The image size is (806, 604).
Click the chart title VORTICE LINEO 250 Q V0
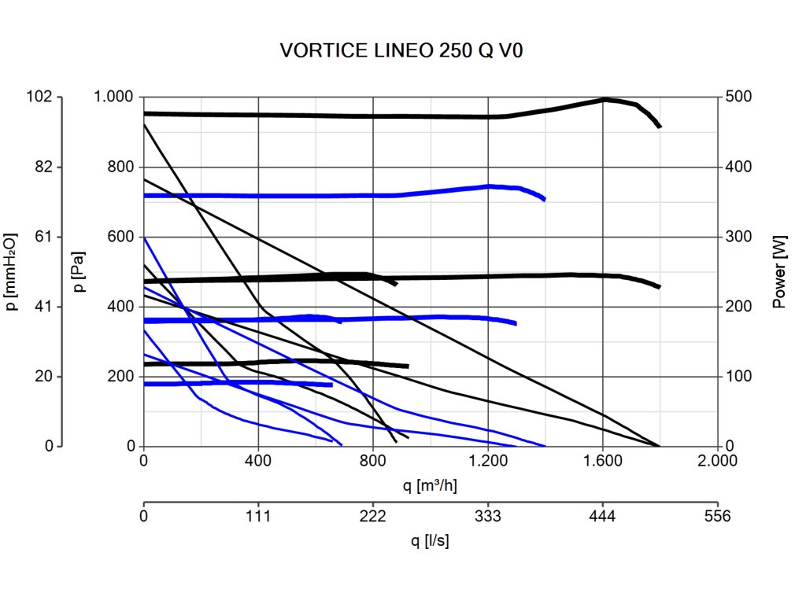(402, 52)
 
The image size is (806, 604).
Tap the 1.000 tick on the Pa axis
(114, 97)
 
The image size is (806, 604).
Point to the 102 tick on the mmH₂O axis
(40, 97)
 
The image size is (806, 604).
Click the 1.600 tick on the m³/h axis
(603, 462)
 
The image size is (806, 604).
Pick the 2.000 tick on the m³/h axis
(717, 462)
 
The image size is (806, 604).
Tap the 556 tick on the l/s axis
(717, 517)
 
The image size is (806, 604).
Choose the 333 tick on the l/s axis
(488, 517)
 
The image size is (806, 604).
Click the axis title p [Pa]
(77, 271)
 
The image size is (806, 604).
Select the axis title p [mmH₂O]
(11, 271)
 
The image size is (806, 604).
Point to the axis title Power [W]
(779, 271)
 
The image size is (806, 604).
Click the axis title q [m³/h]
(430, 485)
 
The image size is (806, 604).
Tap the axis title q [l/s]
(430, 541)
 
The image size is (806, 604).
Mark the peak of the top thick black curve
(605, 99)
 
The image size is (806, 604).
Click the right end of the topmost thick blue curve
(544, 199)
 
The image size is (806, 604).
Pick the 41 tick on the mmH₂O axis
(44, 307)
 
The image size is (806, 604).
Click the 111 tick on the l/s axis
(258, 517)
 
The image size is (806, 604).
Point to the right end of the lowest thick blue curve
(331, 385)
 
